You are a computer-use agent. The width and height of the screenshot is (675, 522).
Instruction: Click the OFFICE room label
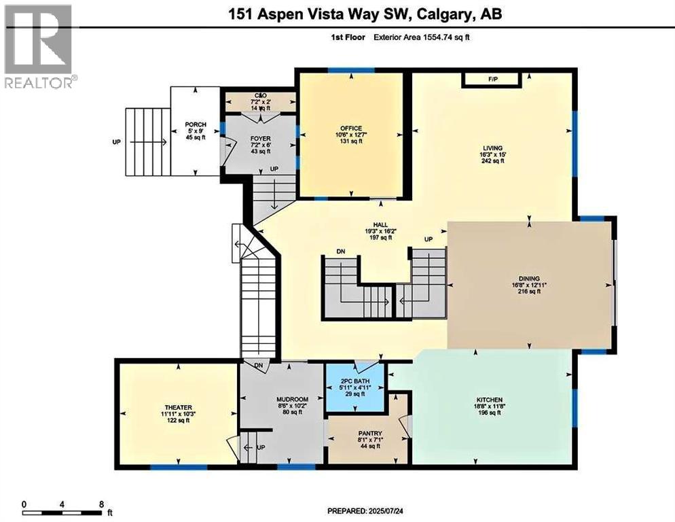pos(352,128)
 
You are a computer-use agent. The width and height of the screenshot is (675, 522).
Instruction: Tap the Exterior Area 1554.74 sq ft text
pos(421,37)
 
